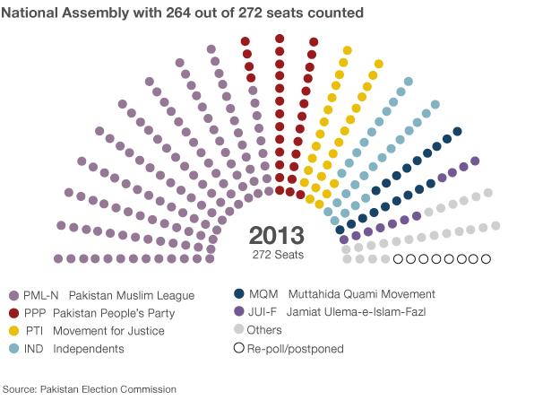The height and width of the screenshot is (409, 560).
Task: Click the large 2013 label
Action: point(276,236)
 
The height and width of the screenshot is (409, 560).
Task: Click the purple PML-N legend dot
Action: point(13,295)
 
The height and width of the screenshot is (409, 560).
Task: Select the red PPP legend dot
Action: point(13,313)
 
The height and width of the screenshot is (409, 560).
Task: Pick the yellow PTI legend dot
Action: point(13,331)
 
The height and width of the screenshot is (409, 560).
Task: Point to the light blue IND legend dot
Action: point(13,348)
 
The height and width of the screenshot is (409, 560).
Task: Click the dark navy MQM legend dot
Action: point(239,294)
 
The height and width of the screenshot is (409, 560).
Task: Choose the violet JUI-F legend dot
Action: point(239,312)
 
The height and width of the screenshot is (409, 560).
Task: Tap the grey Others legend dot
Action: point(239,330)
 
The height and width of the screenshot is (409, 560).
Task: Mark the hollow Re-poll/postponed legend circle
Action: point(239,348)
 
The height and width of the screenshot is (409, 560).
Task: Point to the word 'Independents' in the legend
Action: point(89,349)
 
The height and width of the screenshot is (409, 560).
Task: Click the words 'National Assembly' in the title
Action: point(63,13)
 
